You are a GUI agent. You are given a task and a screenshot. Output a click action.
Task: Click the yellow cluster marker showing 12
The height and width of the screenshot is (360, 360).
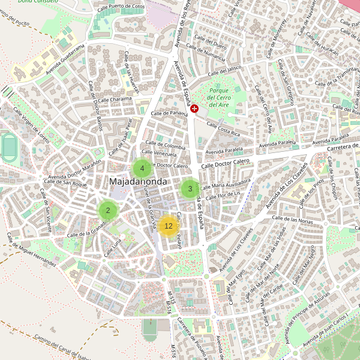(x=168, y=226)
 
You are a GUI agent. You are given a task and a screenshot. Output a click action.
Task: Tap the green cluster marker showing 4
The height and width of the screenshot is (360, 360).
(x=142, y=169)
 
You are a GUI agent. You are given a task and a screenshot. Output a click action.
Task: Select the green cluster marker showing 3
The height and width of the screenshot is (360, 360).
(x=190, y=189)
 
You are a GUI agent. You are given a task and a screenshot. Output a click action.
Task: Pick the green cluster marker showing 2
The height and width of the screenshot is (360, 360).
(x=108, y=210)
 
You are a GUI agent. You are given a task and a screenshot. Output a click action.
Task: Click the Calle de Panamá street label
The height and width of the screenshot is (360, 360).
(x=170, y=113)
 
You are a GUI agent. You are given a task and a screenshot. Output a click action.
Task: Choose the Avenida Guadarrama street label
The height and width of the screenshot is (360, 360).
(x=59, y=62)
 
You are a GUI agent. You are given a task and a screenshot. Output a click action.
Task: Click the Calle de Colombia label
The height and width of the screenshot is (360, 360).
(x=166, y=146)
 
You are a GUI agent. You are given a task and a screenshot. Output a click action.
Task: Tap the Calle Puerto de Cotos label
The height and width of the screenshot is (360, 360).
(x=123, y=7)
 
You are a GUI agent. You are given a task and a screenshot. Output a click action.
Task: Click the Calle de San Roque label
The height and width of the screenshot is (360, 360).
(x=67, y=184)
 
